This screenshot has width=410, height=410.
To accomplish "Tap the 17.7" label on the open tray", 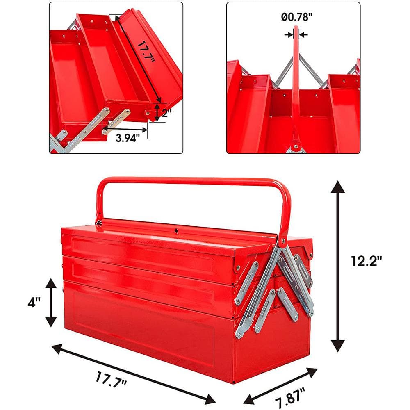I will pyautogui.click(x=146, y=51).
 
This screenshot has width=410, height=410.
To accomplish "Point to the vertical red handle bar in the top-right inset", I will pyautogui.click(x=295, y=82).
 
